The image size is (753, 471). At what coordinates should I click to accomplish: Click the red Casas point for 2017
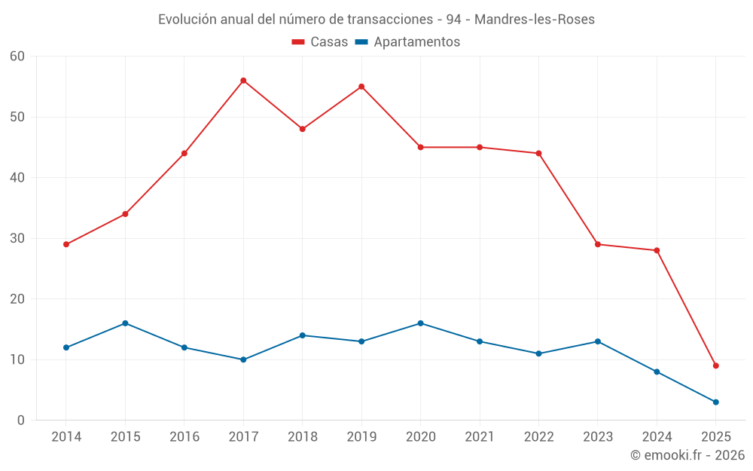(243, 81)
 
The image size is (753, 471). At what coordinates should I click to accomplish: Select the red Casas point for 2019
(361, 87)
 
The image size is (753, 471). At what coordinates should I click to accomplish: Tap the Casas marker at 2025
(716, 365)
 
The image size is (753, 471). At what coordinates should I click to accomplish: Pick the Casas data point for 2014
(66, 244)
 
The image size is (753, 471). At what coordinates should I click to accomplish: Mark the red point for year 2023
(598, 244)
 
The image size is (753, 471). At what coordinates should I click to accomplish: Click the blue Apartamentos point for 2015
(125, 323)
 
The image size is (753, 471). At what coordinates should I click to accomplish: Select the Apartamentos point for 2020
(420, 323)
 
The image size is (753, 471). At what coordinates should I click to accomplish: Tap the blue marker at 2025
(716, 402)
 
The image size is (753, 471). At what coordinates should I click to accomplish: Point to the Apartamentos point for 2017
(243, 359)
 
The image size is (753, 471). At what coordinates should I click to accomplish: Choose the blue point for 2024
(657, 372)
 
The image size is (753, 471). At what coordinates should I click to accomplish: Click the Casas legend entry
(320, 42)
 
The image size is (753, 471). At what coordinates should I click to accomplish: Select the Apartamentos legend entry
(407, 42)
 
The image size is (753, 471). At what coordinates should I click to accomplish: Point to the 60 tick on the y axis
(17, 57)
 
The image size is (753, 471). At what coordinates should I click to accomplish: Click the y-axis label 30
(17, 238)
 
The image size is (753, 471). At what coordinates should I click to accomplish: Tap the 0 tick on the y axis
(21, 421)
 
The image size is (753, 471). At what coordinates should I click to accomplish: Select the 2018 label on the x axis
(302, 437)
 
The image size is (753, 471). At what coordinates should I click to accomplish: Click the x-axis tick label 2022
(538, 437)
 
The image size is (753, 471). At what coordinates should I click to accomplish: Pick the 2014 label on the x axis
(66, 437)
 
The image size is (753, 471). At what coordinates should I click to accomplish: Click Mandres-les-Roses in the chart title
(534, 20)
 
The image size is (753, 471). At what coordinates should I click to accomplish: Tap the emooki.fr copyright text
(687, 455)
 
